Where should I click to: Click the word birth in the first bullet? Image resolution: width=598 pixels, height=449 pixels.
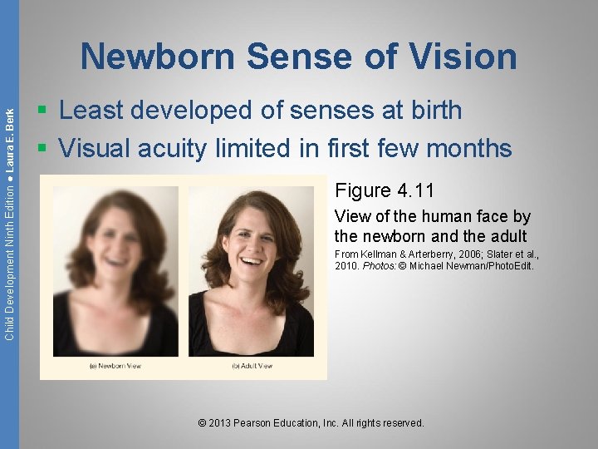(x=429, y=110)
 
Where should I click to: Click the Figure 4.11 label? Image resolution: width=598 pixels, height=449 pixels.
(x=385, y=190)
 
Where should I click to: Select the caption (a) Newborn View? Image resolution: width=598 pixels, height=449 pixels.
(x=115, y=366)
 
